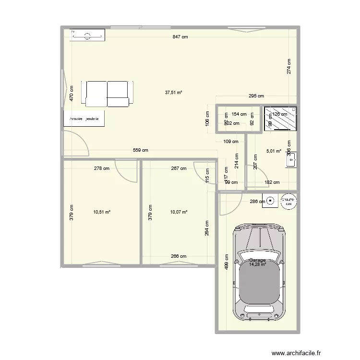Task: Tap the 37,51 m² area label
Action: tap(173, 93)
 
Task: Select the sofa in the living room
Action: tap(107, 93)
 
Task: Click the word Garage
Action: tap(257, 260)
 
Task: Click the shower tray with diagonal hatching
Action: tap(280, 118)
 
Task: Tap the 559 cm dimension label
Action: tap(141, 150)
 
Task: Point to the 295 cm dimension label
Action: tap(256, 96)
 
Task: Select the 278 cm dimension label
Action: tap(102, 168)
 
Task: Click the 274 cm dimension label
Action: tap(288, 66)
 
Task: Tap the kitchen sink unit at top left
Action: tap(88, 35)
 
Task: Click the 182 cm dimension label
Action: tap(272, 182)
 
